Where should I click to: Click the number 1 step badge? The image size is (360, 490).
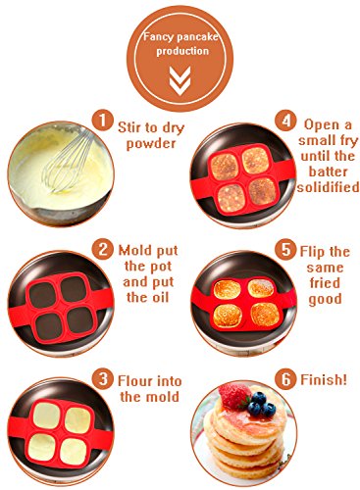pyautogui.click(x=102, y=121)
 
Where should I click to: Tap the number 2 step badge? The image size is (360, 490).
pyautogui.click(x=102, y=249)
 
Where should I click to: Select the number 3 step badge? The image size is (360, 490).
pyautogui.click(x=102, y=379)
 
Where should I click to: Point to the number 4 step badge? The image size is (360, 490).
pyautogui.click(x=285, y=121)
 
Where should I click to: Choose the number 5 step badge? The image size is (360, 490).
pyautogui.click(x=285, y=249)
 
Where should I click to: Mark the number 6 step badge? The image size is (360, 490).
pyautogui.click(x=285, y=379)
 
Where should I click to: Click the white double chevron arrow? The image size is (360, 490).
pyautogui.click(x=180, y=80)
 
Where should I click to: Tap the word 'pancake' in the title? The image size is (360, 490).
pyautogui.click(x=197, y=36)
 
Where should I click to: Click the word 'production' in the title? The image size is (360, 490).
pyautogui.click(x=182, y=51)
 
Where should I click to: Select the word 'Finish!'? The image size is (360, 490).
pyautogui.click(x=324, y=379)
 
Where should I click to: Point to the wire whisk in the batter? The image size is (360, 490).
pyautogui.click(x=67, y=164)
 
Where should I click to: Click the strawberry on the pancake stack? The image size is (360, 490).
pyautogui.click(x=234, y=396)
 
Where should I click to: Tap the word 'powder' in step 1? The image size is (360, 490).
pyautogui.click(x=151, y=144)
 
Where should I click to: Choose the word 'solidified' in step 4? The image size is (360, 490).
pyautogui.click(x=328, y=187)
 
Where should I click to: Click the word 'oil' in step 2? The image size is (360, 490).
pyautogui.click(x=159, y=297)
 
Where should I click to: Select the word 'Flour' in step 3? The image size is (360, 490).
pyautogui.click(x=135, y=381)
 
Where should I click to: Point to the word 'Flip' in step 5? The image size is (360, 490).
pyautogui.click(x=313, y=252)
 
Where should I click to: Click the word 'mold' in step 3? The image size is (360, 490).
pyautogui.click(x=162, y=397)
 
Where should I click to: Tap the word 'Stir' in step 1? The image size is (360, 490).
pyautogui.click(x=129, y=127)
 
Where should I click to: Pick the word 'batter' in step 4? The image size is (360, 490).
pyautogui.click(x=328, y=171)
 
